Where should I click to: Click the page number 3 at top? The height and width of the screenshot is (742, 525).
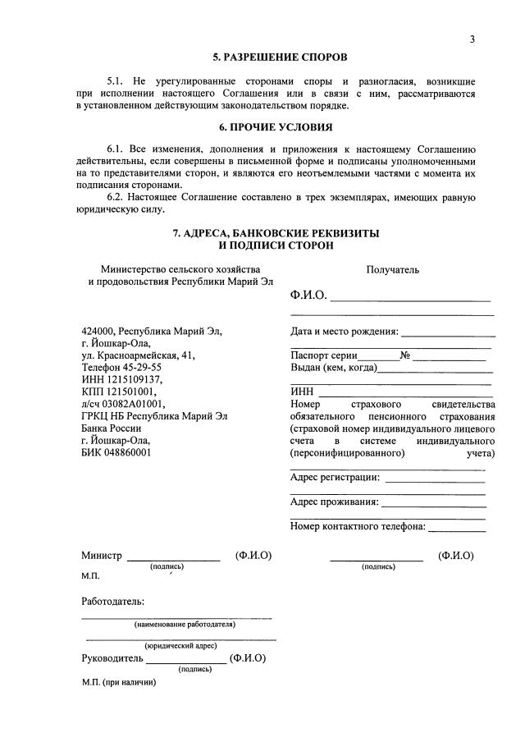pos(472,39)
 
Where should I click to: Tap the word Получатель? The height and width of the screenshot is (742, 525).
pos(392,269)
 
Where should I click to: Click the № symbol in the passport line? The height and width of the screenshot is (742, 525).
pos(404,355)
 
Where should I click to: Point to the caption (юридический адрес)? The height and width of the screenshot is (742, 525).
pos(180,646)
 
